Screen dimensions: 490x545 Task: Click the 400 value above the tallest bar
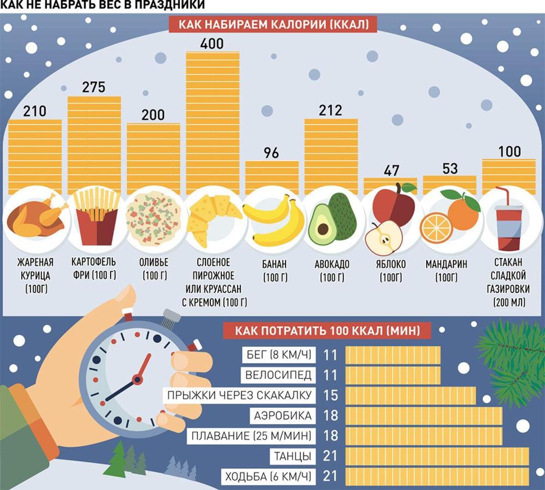pyautogui.click(x=212, y=44)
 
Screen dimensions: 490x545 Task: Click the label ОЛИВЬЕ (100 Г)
pyautogui.click(x=154, y=269)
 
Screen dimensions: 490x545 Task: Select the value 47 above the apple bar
pyautogui.click(x=391, y=171)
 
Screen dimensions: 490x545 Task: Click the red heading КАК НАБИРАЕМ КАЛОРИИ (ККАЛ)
pyautogui.click(x=272, y=24)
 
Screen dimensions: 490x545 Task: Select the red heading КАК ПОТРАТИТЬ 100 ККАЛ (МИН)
pyautogui.click(x=327, y=330)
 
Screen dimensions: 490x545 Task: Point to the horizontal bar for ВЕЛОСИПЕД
pyautogui.click(x=393, y=375)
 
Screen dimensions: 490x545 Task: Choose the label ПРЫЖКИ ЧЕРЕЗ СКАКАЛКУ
pyautogui.click(x=239, y=395)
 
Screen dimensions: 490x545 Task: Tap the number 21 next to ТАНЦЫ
pyautogui.click(x=331, y=456)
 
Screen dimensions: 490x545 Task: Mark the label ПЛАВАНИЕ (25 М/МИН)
pyautogui.click(x=251, y=436)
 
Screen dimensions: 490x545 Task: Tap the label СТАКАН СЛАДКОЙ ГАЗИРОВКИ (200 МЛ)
pyautogui.click(x=509, y=282)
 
